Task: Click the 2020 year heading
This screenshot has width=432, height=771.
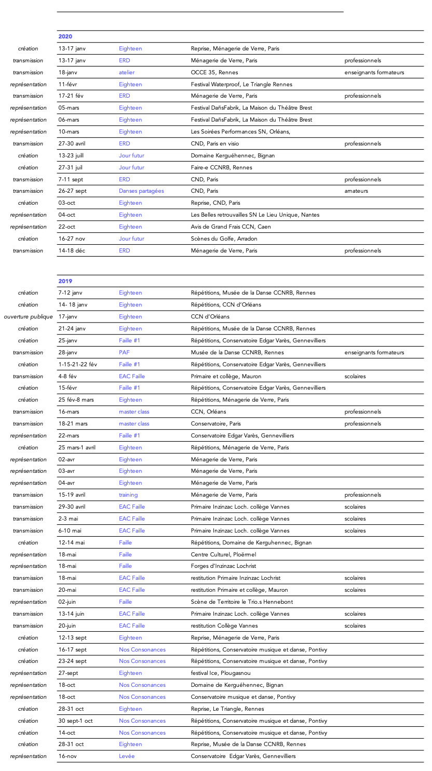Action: (x=65, y=36)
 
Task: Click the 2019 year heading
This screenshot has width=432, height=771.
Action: (x=65, y=281)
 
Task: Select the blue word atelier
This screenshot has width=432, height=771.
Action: (x=126, y=72)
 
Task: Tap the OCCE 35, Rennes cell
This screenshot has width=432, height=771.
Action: (x=209, y=72)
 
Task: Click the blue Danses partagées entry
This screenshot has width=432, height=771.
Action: (x=141, y=191)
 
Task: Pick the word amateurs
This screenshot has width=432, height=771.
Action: (x=356, y=191)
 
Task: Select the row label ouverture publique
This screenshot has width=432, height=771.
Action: (x=28, y=316)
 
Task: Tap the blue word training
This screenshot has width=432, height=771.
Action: (x=128, y=495)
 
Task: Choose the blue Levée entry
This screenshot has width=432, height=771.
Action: (x=127, y=756)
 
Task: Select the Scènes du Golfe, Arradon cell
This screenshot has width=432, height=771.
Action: (x=224, y=239)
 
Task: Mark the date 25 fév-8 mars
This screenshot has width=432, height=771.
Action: (x=76, y=400)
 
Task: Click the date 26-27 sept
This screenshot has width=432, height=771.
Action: (x=73, y=191)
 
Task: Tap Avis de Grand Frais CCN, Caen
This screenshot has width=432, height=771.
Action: (x=231, y=227)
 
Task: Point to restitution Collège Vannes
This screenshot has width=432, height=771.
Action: (x=224, y=626)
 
